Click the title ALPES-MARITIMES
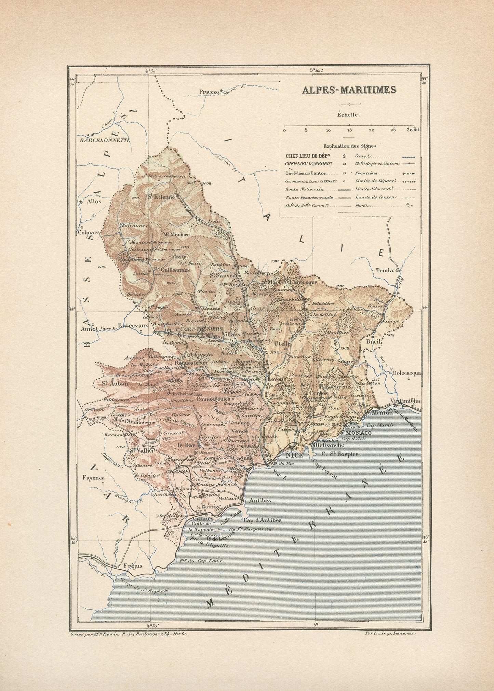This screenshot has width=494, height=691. click(x=349, y=90)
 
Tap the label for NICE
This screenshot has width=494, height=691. click(x=294, y=455)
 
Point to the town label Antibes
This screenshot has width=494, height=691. click(x=260, y=500)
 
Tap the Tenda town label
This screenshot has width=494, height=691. click(x=385, y=270)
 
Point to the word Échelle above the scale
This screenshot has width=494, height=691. click(x=349, y=115)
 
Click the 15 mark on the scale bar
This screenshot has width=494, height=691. click(x=349, y=130)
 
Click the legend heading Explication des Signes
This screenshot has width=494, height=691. click(x=349, y=146)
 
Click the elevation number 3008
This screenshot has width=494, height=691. click(x=206, y=184)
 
